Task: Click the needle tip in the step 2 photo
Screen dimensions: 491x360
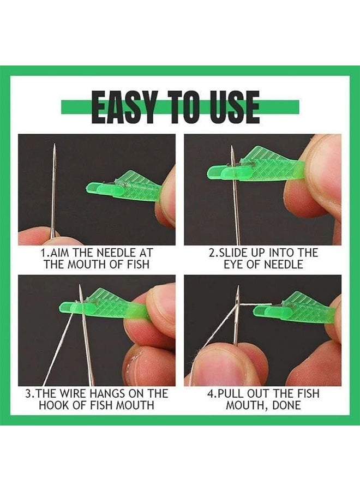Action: point(232,149)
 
